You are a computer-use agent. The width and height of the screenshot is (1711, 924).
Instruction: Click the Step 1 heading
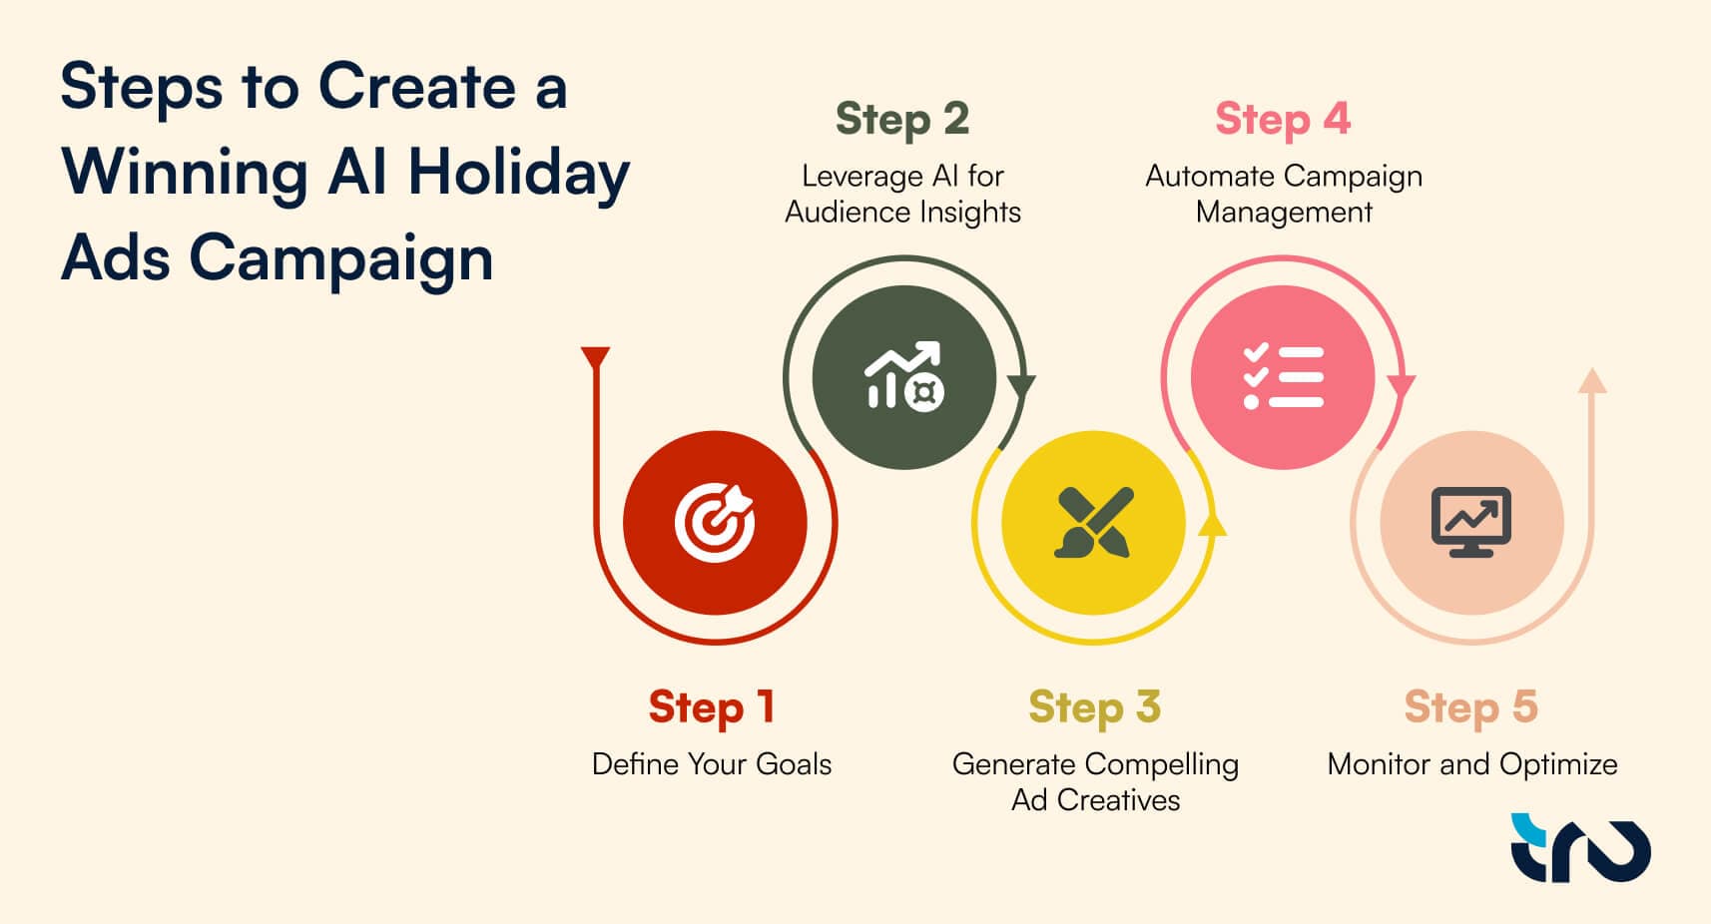coord(712,707)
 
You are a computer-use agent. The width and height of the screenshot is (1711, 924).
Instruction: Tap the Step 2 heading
coord(902,119)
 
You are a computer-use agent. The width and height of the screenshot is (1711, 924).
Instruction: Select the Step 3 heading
coord(1095,707)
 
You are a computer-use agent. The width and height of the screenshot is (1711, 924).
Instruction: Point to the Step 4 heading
coord(1283,119)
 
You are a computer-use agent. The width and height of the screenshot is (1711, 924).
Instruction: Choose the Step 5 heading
coord(1471,707)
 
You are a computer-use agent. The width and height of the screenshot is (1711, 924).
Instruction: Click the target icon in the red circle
coord(715,522)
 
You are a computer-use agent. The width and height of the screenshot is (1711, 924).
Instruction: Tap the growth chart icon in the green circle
coord(904,376)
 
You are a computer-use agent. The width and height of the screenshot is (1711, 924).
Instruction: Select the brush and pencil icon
coord(1094,522)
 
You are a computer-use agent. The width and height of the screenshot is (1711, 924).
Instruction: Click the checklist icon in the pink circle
coord(1284,376)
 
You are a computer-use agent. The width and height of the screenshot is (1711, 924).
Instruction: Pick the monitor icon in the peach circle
coord(1471,522)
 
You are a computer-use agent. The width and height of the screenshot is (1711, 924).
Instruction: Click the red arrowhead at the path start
coord(595,357)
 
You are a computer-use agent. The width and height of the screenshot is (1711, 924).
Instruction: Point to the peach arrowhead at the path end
coord(1592,380)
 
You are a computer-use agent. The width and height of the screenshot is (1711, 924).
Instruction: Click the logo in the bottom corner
coord(1580,847)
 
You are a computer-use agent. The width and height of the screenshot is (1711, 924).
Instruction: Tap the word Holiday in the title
coord(519,174)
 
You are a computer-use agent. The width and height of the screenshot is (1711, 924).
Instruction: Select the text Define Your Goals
coord(712,764)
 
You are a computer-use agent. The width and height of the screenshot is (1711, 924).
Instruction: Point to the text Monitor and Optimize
coord(1471,764)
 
